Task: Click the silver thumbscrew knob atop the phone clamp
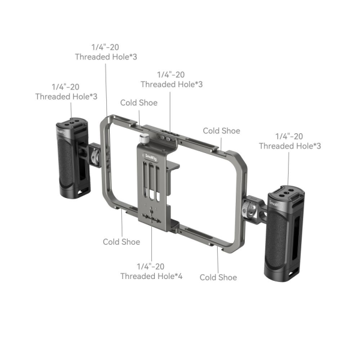coord(144,139)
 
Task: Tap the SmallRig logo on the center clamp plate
coord(151,157)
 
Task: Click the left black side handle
coord(73,158)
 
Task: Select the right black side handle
coord(284,234)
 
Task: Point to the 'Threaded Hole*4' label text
coord(151,276)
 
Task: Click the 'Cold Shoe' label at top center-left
coord(139,103)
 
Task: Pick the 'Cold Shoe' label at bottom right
coord(218,277)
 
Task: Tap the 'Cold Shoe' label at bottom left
coord(121,242)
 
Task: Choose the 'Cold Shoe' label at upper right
coord(221,131)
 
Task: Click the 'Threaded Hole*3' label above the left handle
coord(67,97)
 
